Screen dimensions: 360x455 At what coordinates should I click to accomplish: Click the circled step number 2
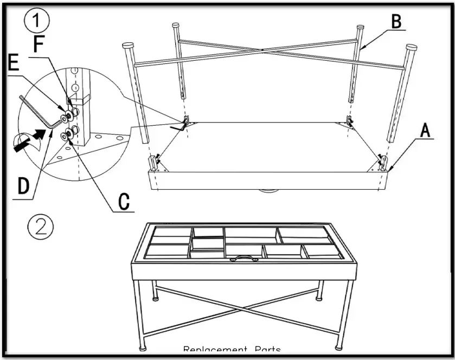(41, 227)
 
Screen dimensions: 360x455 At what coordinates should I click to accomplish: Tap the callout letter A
(426, 130)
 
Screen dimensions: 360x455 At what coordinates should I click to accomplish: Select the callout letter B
(396, 22)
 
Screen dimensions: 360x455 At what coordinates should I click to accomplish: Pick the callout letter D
(23, 186)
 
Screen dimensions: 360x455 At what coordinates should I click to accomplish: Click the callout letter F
(39, 44)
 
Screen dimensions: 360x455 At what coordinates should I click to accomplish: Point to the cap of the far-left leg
(129, 46)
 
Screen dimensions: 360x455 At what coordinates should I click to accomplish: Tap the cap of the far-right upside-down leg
(412, 48)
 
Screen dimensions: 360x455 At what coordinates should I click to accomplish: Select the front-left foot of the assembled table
(144, 347)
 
